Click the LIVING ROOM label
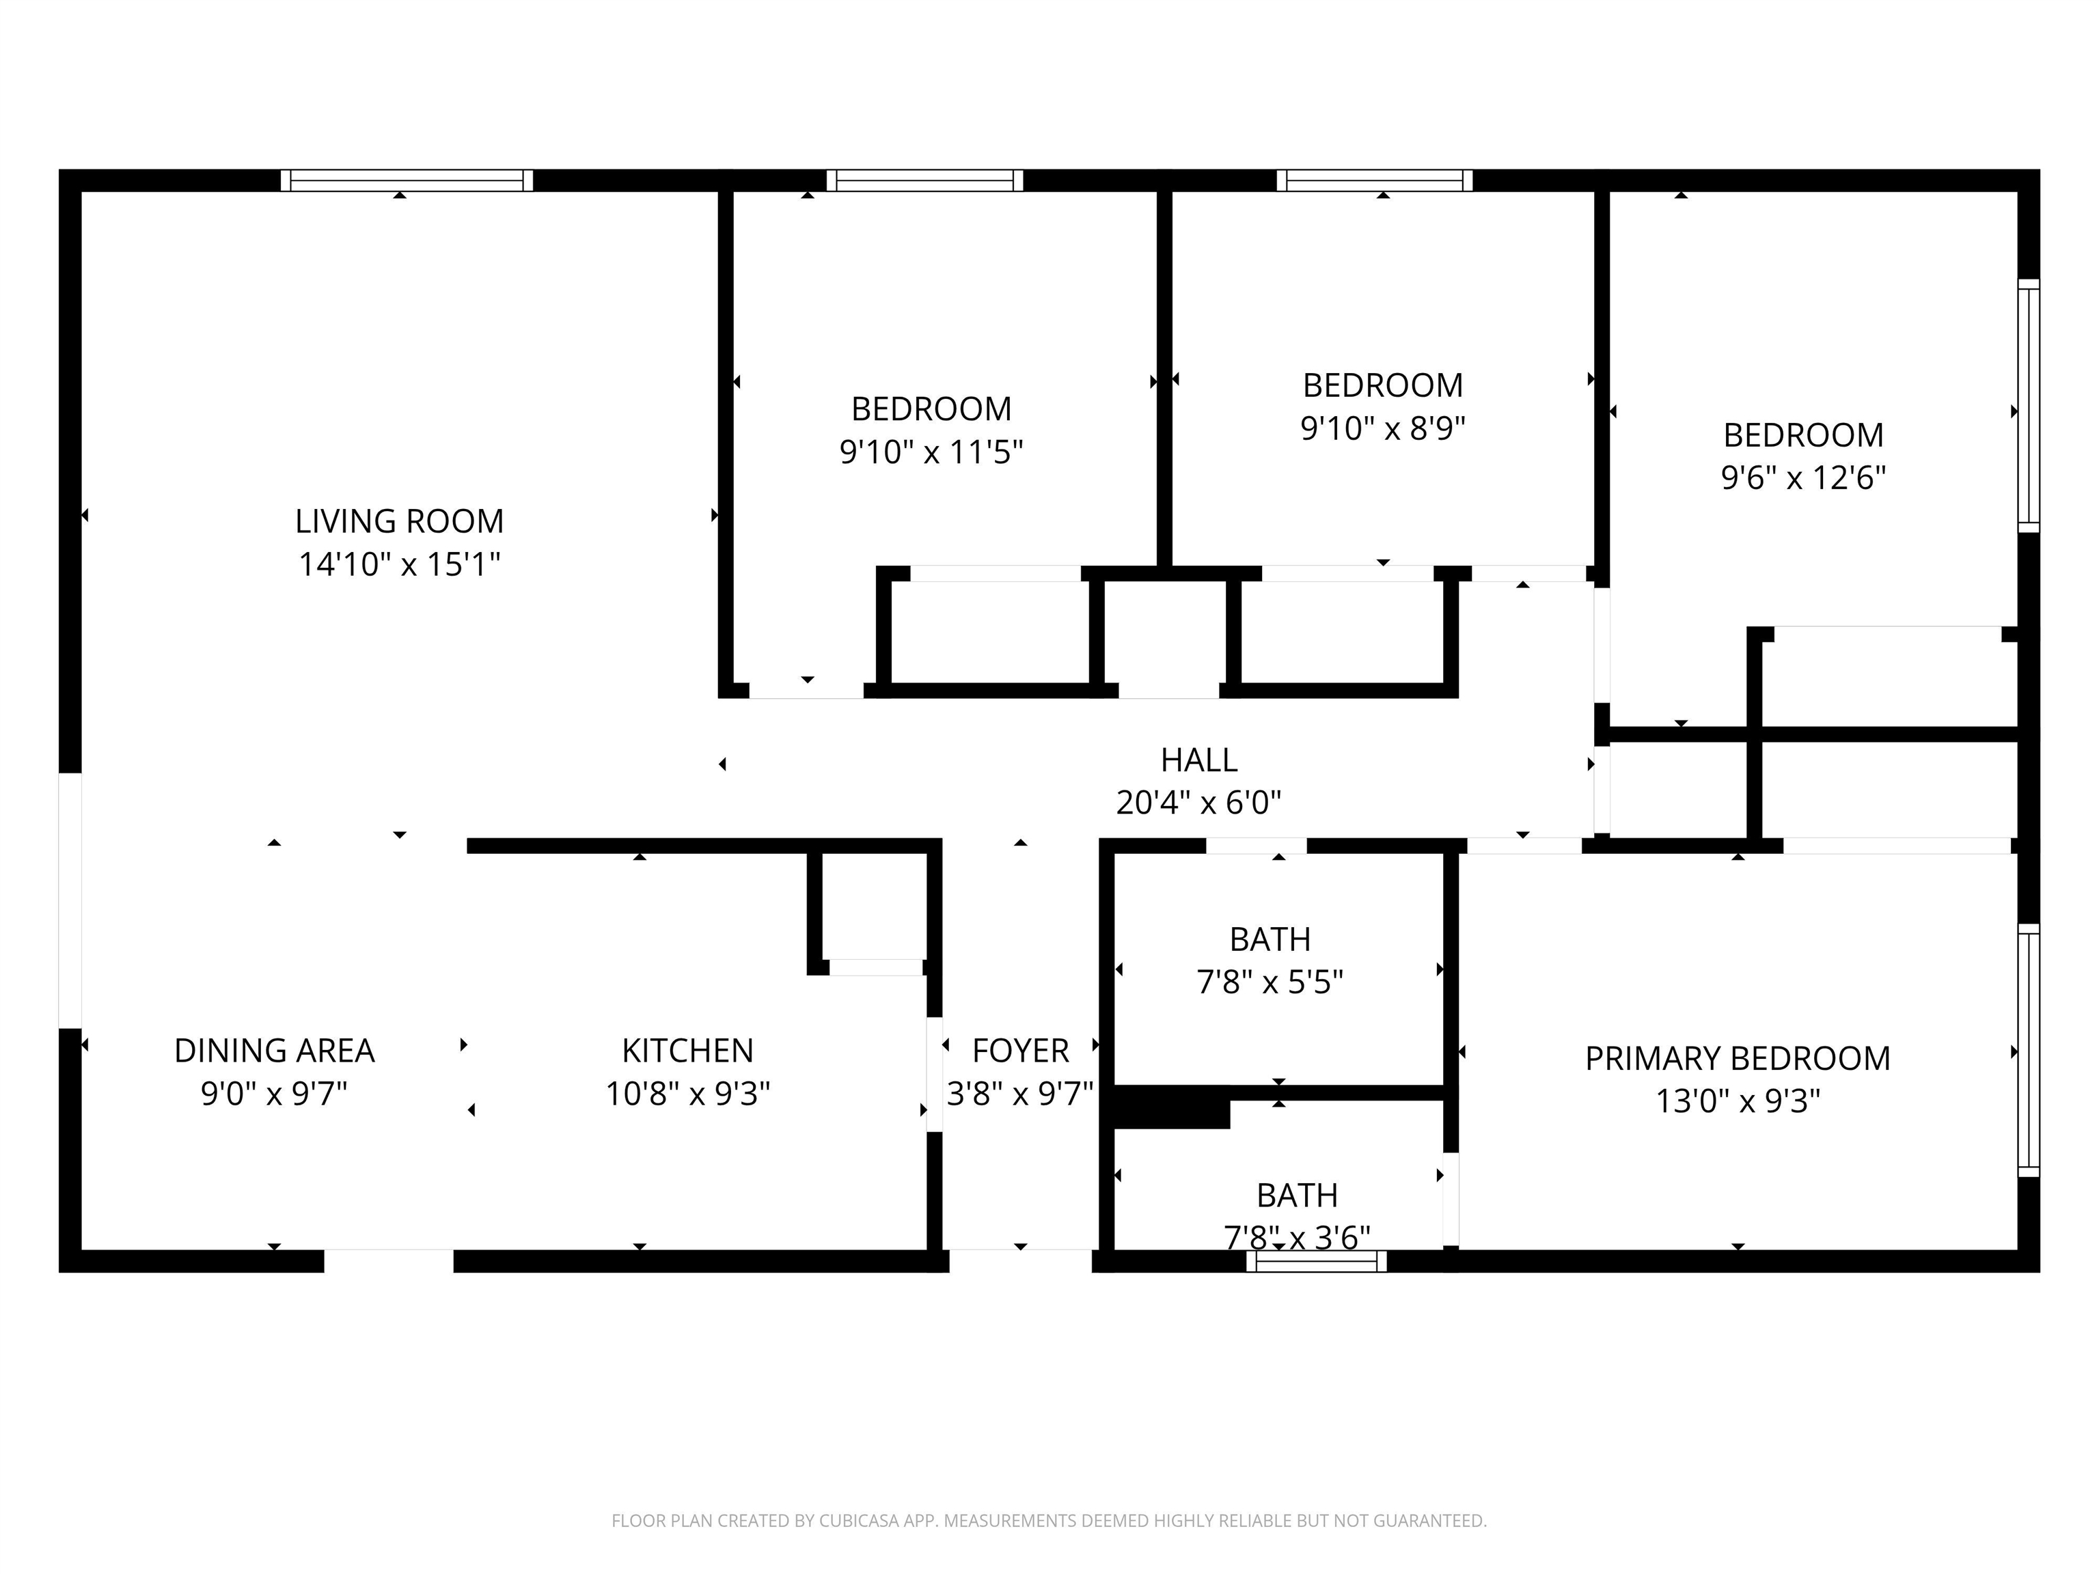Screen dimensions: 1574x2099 tap(400, 521)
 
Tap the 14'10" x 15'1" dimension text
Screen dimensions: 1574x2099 tap(400, 564)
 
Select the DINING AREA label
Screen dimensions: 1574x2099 tap(274, 1050)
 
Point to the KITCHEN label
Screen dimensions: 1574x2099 tap(687, 1050)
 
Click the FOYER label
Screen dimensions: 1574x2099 tap(1020, 1050)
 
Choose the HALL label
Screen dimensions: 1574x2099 tap(1198, 760)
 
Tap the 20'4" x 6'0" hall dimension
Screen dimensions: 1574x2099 tap(1198, 803)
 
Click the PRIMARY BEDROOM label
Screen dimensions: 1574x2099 tap(1738, 1058)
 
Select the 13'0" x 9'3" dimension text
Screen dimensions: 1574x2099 tap(1738, 1101)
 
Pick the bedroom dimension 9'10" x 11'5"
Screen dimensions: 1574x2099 tap(931, 452)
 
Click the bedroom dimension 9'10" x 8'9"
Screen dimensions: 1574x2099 tap(1382, 428)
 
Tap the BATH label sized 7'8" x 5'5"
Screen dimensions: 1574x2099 tap(1270, 939)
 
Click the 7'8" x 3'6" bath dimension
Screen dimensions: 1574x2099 tap(1296, 1237)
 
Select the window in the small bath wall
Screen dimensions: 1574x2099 tap(1316, 1261)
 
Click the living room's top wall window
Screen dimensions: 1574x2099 tap(406, 180)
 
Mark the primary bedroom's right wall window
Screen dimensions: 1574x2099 tap(2028, 1050)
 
